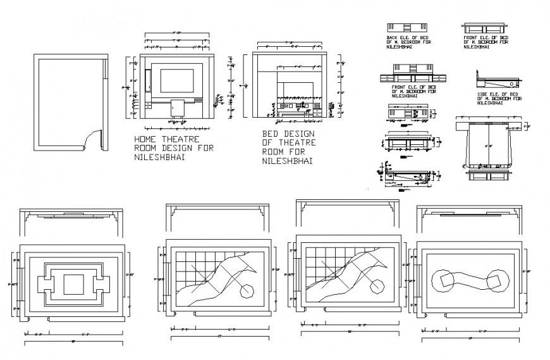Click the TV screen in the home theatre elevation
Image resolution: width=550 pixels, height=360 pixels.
point(176,81)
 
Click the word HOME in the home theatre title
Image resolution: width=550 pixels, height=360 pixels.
point(145,139)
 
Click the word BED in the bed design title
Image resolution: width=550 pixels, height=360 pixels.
point(271,135)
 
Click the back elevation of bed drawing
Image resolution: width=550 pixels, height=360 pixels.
point(406,27)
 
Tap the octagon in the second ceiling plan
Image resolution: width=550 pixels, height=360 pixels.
point(246,292)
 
